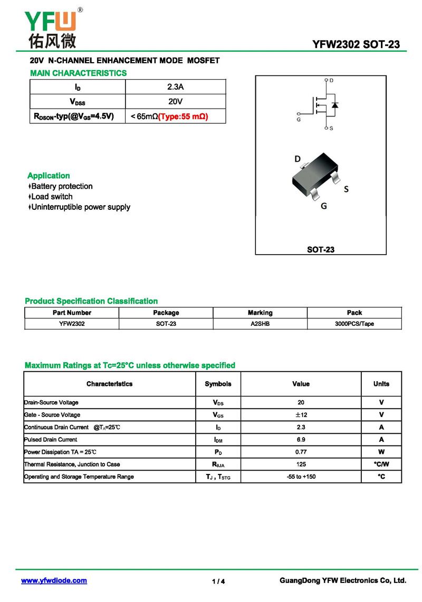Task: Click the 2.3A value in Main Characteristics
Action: point(175,86)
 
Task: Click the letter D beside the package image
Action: point(298,159)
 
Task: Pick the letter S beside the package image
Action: point(346,189)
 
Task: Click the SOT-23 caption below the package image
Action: point(321,249)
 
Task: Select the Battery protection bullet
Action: point(61,186)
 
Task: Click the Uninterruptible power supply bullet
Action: point(80,207)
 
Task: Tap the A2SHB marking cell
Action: point(260,324)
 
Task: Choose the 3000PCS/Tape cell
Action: point(354,324)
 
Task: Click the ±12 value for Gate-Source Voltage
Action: point(301,415)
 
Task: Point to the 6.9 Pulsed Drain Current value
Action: point(301,439)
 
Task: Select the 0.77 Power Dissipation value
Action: point(301,452)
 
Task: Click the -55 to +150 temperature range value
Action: point(301,477)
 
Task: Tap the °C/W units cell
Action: point(381,464)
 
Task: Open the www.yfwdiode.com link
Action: point(54,580)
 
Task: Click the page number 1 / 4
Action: point(218,581)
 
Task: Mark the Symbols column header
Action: point(218,384)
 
